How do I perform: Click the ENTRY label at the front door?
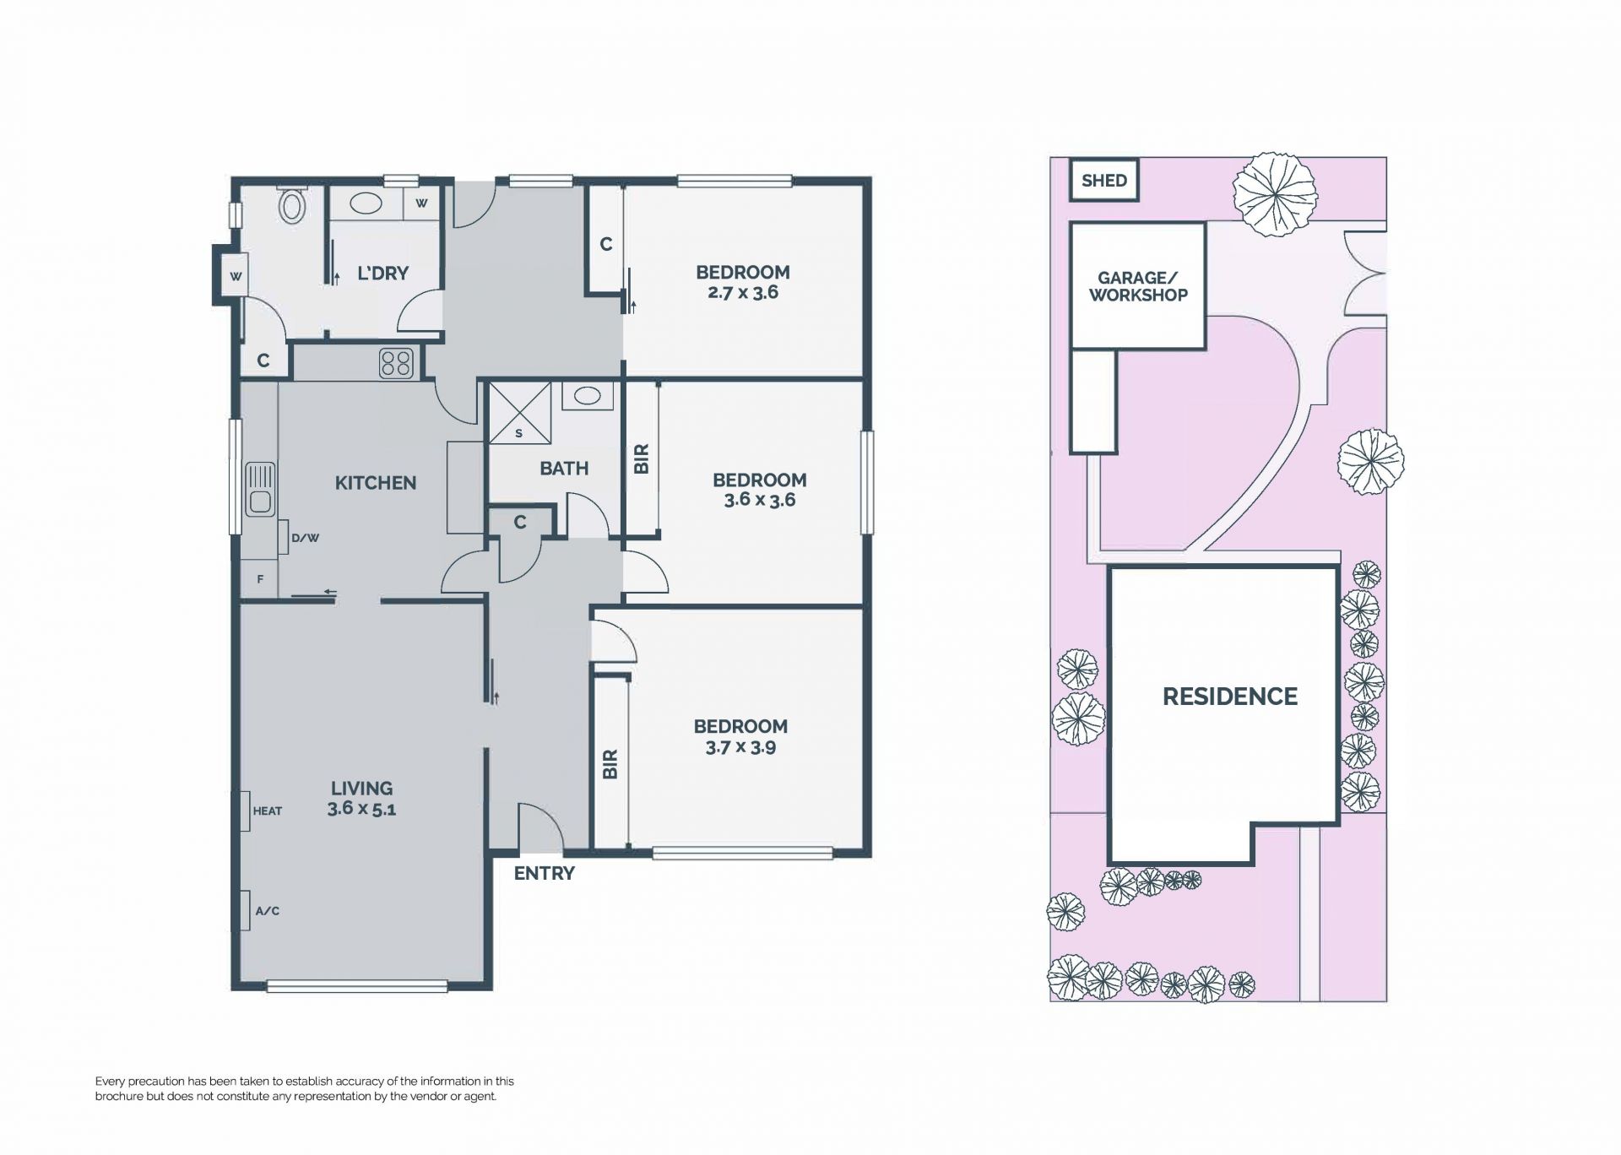click(x=544, y=874)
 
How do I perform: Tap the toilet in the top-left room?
click(x=292, y=204)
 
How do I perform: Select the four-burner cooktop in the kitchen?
click(x=396, y=363)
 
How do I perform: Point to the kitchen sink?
click(x=259, y=489)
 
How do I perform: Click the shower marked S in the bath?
click(x=519, y=412)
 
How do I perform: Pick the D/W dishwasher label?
click(x=306, y=538)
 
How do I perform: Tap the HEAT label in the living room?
click(x=268, y=811)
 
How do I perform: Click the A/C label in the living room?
click(x=267, y=911)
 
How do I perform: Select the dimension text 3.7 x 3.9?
click(x=740, y=747)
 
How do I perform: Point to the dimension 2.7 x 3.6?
click(x=742, y=293)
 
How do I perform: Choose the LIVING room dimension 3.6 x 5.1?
click(x=361, y=809)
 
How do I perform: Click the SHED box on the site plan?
click(x=1103, y=181)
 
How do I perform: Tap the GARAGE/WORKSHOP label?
click(x=1138, y=286)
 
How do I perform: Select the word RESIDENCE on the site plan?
click(x=1230, y=697)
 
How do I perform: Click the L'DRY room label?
click(x=382, y=274)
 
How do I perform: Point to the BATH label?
click(x=564, y=469)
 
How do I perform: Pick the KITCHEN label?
click(x=376, y=483)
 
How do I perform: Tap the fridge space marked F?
click(x=260, y=579)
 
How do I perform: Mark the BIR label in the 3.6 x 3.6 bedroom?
click(x=641, y=458)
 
